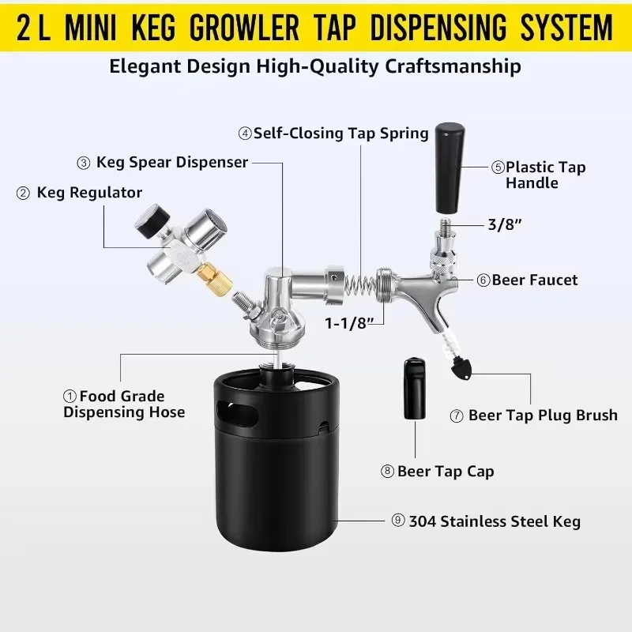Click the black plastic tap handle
coord(450,168)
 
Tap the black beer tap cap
coord(414,389)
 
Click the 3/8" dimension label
coord(505,224)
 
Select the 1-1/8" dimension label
coord(349,323)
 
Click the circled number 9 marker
coord(398,521)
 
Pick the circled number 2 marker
coord(23,193)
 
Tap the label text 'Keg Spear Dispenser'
coord(172,162)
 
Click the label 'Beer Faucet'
coord(535,280)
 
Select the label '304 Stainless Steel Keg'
coord(495,521)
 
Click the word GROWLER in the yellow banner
coord(244,28)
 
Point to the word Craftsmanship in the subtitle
coord(453,66)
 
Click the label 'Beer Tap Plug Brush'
coord(543,416)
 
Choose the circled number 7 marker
coord(457,416)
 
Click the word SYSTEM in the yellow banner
coord(566,28)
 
